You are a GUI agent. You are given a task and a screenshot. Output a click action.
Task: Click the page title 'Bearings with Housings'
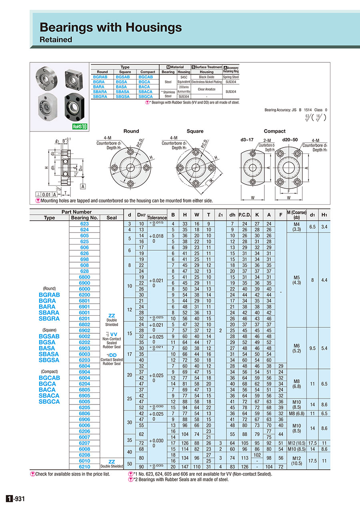click(x=110, y=27)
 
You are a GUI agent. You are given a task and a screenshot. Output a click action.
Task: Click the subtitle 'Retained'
click(x=56, y=40)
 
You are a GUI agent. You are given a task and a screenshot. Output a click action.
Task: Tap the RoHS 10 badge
click(x=79, y=127)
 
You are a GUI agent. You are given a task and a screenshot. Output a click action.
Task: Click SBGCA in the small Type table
click(x=146, y=96)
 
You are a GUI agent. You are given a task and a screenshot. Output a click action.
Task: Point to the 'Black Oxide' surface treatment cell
click(x=206, y=77)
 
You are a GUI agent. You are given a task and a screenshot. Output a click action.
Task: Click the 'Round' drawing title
click(x=131, y=131)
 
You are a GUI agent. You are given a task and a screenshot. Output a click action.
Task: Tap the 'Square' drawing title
click(x=195, y=131)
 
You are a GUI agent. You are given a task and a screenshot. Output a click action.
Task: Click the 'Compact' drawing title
click(x=274, y=131)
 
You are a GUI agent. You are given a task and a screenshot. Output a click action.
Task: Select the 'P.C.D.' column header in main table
click(x=244, y=215)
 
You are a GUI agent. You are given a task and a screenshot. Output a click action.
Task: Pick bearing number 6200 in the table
click(x=84, y=295)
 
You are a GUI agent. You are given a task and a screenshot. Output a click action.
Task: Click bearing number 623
click(x=84, y=224)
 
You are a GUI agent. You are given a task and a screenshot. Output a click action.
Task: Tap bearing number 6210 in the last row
click(x=84, y=466)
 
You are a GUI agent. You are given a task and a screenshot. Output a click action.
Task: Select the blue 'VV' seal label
click(x=113, y=334)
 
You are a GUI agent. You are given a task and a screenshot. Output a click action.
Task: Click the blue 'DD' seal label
click(x=113, y=355)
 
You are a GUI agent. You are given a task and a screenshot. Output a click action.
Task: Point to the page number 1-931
click(x=16, y=498)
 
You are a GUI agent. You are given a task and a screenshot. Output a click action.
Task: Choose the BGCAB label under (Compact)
click(x=49, y=378)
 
